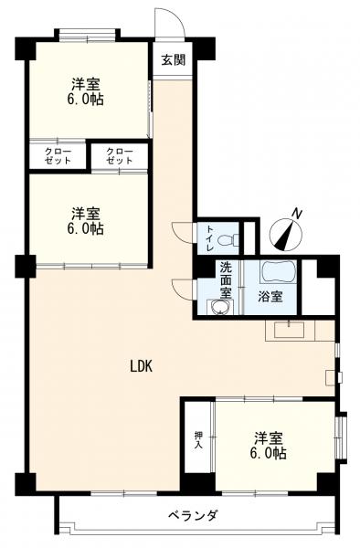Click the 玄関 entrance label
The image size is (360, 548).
(x=173, y=60)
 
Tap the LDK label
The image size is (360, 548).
(x=142, y=366)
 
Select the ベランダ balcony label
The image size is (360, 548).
(x=194, y=515)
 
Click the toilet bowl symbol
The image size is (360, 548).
(x=228, y=239)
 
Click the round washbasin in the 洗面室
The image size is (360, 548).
(x=218, y=307)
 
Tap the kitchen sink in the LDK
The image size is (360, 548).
(x=289, y=330)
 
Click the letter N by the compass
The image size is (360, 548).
(x=297, y=213)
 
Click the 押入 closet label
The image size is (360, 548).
(x=198, y=440)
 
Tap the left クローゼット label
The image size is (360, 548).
(x=58, y=156)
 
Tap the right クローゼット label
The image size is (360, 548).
(x=120, y=156)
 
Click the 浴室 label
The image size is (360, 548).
(x=270, y=296)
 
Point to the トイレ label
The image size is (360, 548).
(x=210, y=239)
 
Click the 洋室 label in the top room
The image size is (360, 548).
(x=86, y=84)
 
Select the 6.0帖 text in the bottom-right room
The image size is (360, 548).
(x=268, y=453)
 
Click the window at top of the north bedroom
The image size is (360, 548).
(x=87, y=37)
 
